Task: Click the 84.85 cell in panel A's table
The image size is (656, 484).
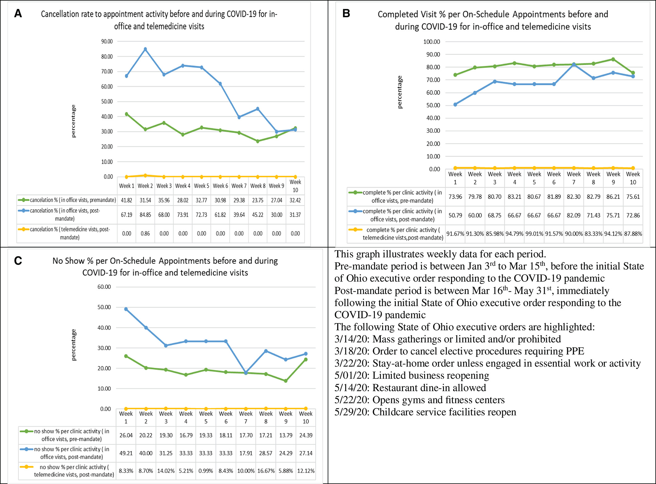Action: click(x=145, y=215)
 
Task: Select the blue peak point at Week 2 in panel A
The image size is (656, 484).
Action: click(x=145, y=49)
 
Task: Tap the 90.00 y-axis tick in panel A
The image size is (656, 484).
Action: click(x=107, y=41)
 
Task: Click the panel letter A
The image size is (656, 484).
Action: click(x=18, y=13)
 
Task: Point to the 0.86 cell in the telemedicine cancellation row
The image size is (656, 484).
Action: click(x=145, y=233)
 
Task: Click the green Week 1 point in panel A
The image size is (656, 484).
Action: click(x=126, y=114)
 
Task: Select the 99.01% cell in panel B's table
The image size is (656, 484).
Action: click(x=534, y=234)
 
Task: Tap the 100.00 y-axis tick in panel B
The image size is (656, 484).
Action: click(x=432, y=42)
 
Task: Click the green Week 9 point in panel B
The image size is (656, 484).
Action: click(x=613, y=59)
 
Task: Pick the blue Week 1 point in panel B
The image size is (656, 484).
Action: click(x=455, y=105)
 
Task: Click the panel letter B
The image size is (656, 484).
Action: click(x=346, y=13)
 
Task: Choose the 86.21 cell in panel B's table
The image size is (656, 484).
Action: click(x=613, y=197)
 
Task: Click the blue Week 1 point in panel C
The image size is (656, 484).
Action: click(x=126, y=309)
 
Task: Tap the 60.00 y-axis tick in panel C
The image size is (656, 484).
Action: click(x=104, y=287)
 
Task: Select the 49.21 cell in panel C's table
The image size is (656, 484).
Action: click(x=126, y=453)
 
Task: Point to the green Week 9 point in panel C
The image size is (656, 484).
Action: click(x=286, y=381)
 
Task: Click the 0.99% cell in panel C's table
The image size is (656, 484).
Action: click(x=206, y=471)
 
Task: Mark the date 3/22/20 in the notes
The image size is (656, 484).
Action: click(x=352, y=363)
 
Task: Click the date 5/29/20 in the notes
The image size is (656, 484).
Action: click(x=352, y=412)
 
